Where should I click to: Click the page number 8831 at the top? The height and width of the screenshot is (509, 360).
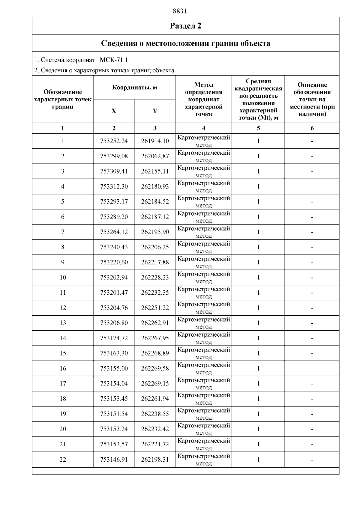[x=180, y=11]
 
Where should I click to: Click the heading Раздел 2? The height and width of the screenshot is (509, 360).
[x=186, y=26]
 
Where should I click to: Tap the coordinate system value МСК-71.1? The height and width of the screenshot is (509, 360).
[x=114, y=60]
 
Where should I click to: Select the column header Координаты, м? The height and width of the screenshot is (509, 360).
[x=134, y=88]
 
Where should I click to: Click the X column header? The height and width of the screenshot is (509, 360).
[x=114, y=111]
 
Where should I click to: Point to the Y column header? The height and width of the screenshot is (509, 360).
[x=155, y=111]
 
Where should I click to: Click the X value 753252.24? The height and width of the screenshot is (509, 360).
[x=114, y=141]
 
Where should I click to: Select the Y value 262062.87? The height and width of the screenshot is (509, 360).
[x=155, y=156]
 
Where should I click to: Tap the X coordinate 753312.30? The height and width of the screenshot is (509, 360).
[x=114, y=186]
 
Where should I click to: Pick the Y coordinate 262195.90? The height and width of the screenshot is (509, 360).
[x=155, y=232]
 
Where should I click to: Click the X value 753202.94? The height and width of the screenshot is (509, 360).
[x=114, y=278]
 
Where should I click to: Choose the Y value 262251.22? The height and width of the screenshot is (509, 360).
[x=155, y=308]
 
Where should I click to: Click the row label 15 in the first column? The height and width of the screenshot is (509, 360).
[x=63, y=353]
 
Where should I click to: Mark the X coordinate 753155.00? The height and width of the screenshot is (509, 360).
[x=114, y=368]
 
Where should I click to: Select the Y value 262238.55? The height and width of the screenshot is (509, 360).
[x=155, y=414]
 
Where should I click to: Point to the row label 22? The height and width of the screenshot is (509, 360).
[x=63, y=460]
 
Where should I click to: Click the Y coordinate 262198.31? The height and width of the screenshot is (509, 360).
[x=155, y=460]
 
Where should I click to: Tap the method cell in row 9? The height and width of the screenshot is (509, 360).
[x=204, y=262]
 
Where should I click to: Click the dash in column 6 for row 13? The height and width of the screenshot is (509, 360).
[x=312, y=323]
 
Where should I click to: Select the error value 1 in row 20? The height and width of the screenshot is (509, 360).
[x=258, y=429]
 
